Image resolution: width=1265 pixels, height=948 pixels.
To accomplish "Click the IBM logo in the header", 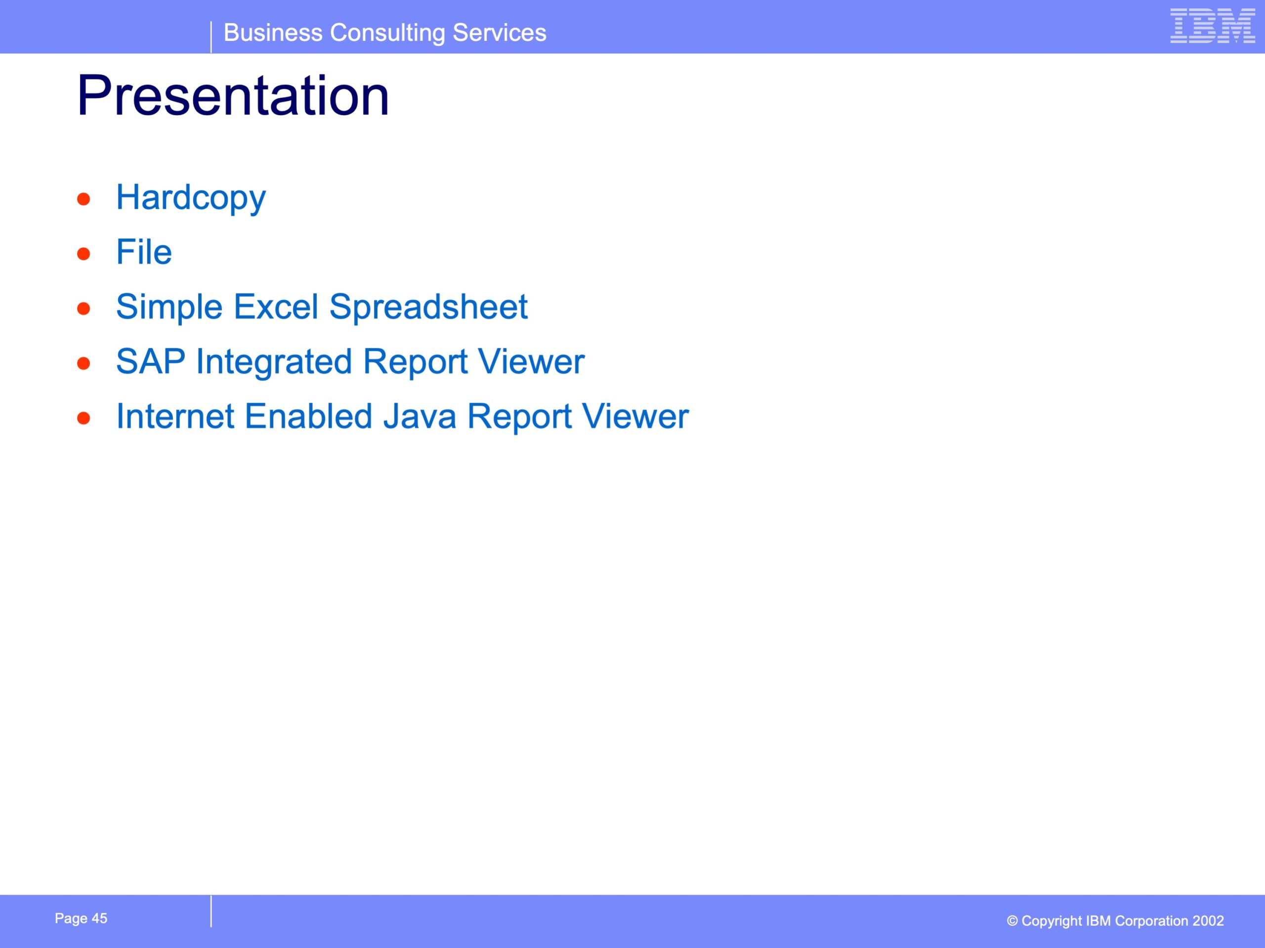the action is [1213, 26].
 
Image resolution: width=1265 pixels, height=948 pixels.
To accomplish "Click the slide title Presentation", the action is [233, 95].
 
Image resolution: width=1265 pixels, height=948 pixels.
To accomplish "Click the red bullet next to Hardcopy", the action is [84, 199].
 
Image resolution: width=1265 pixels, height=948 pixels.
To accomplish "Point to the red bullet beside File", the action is [84, 254].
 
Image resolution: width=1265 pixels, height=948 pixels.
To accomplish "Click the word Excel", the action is [276, 307].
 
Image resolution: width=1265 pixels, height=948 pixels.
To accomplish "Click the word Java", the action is [420, 417].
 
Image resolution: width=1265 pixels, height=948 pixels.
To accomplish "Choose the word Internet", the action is [175, 417].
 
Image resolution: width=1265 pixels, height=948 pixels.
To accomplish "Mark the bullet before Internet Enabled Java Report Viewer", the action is [84, 418].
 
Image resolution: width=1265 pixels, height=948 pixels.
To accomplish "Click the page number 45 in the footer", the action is [99, 918].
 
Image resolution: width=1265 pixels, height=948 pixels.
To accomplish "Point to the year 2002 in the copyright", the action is [1208, 921].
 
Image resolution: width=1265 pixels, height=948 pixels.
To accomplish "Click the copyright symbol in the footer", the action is [1012, 921].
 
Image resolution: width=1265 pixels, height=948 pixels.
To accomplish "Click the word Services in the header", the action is [499, 33].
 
